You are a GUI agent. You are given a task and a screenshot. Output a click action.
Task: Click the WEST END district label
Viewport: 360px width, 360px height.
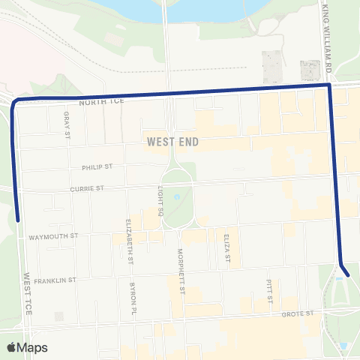click(172, 140)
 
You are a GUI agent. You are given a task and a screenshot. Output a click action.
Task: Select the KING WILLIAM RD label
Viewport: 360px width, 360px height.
click(327, 37)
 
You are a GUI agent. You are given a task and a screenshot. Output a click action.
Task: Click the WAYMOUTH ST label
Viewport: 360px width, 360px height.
click(53, 236)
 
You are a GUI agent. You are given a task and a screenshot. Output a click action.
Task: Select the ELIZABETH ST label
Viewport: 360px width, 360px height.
click(130, 242)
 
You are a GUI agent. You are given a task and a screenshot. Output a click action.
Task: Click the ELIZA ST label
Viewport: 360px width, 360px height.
click(226, 249)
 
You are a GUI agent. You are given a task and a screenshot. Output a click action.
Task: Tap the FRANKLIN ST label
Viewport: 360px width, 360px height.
click(55, 280)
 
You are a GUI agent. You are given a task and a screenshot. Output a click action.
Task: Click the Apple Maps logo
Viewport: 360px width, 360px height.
click(27, 347)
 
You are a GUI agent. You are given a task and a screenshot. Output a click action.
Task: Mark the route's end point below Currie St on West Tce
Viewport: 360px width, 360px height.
click(18, 220)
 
